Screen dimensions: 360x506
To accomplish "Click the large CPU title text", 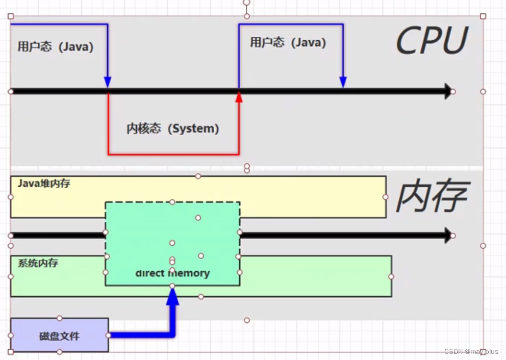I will pos(432,41).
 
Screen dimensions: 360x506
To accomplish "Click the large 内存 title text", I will pos(432,197).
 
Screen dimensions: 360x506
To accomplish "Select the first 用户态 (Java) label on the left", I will pos(55,47).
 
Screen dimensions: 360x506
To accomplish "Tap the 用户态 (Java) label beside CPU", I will pos(288,42).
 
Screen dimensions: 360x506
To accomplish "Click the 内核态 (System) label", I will pos(172,128).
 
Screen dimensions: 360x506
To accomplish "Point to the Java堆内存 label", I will pos(44,184).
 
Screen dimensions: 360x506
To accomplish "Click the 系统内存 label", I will pos(38,263).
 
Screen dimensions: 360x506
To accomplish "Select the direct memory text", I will pos(172,273).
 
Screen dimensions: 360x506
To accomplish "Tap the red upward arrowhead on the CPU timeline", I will pos(239,97).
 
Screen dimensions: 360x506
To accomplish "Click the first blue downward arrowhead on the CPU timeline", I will pos(108,83).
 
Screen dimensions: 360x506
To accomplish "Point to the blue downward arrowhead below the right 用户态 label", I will pos(343,83).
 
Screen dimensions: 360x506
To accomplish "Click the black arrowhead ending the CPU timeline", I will pos(448,91).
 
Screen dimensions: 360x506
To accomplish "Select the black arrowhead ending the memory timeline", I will pos(448,236).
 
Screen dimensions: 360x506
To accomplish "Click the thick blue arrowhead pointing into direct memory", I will pos(172,297).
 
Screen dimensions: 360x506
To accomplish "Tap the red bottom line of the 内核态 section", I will pos(173,153).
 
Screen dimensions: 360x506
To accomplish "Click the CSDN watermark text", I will pos(471,352).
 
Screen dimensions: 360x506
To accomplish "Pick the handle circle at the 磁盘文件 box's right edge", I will pos(108,336).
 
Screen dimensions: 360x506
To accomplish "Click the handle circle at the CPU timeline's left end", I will pos(11,91).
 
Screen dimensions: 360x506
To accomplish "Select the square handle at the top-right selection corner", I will pos(483,16).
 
